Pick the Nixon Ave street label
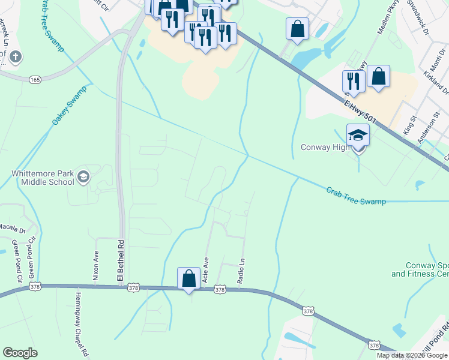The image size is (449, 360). pos(95,265)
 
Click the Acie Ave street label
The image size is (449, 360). pos(206,271)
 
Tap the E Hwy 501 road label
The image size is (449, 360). pos(360,112)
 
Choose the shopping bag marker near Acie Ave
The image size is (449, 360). pos(188,278)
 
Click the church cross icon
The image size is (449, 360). pos(16,58)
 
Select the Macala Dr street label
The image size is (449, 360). pos(11,228)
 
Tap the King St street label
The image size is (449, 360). pos(409,126)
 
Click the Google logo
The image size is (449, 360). pos(20,353)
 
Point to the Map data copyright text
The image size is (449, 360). pos(412,355)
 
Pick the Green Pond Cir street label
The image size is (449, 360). pos(16,261)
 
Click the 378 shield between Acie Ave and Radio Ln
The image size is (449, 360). pos(220,289)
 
